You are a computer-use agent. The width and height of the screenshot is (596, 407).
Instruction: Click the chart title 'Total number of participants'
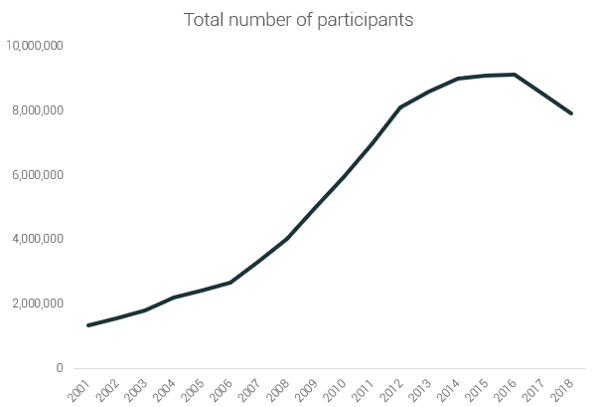(298, 20)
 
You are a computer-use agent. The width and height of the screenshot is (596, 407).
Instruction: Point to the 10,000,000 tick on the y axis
(35, 46)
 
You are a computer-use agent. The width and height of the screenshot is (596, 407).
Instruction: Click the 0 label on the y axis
(60, 368)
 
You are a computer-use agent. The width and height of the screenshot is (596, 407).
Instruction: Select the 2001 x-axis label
(81, 387)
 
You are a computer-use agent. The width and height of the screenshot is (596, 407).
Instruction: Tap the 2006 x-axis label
(223, 387)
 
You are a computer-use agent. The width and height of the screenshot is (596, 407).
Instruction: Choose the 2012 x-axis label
(393, 387)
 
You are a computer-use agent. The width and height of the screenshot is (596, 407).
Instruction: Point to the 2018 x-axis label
(563, 387)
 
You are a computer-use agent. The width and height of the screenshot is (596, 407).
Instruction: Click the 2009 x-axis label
(308, 387)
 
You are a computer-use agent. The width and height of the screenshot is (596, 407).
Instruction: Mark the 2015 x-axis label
(479, 387)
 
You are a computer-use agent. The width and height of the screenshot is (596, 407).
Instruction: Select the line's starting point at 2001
(89, 325)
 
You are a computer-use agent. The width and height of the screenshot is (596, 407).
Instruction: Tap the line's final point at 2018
(571, 113)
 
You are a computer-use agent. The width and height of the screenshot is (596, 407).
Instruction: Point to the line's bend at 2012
(400, 107)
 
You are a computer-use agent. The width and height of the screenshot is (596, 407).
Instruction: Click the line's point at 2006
(230, 283)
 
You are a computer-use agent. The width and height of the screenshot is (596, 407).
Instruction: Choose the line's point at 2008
(287, 239)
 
